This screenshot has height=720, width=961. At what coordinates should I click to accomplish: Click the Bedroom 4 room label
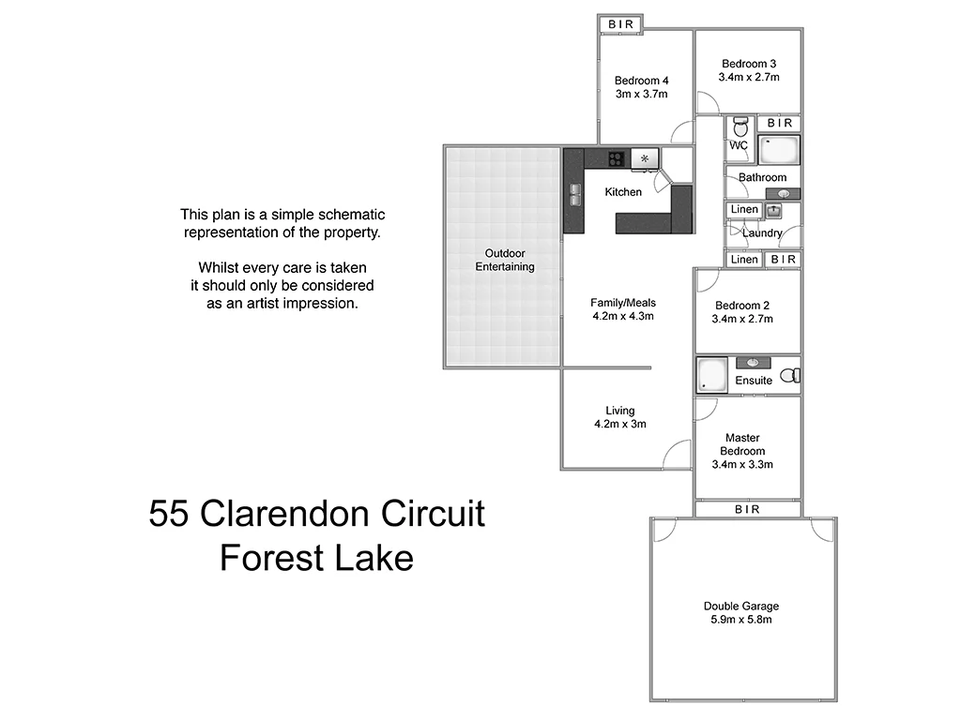click(x=641, y=81)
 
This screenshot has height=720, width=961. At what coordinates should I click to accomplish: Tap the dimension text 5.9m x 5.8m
click(x=740, y=620)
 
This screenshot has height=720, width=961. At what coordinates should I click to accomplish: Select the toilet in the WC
click(x=740, y=126)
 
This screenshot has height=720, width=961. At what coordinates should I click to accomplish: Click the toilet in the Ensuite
click(x=792, y=375)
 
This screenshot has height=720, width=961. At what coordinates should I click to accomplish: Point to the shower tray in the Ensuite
click(x=709, y=375)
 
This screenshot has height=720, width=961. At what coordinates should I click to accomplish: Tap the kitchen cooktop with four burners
click(x=617, y=158)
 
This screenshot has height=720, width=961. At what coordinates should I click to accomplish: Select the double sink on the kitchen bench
click(x=573, y=193)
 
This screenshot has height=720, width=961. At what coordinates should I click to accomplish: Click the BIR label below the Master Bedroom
click(x=747, y=509)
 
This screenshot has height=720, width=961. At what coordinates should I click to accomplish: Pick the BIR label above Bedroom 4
click(x=620, y=23)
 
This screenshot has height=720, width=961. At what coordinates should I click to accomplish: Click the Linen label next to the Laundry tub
click(x=744, y=209)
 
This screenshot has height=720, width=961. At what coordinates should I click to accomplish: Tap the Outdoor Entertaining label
click(x=505, y=260)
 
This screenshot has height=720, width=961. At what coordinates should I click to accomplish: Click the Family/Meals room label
click(x=623, y=303)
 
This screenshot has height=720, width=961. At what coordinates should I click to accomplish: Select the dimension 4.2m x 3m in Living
click(x=620, y=424)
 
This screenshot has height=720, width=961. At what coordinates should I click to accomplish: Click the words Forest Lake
click(x=316, y=559)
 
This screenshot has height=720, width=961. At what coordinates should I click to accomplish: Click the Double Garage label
click(x=740, y=606)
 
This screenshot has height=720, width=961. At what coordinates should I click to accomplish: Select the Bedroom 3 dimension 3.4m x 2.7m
click(x=748, y=77)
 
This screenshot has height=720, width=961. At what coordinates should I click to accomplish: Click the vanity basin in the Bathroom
click(x=783, y=193)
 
